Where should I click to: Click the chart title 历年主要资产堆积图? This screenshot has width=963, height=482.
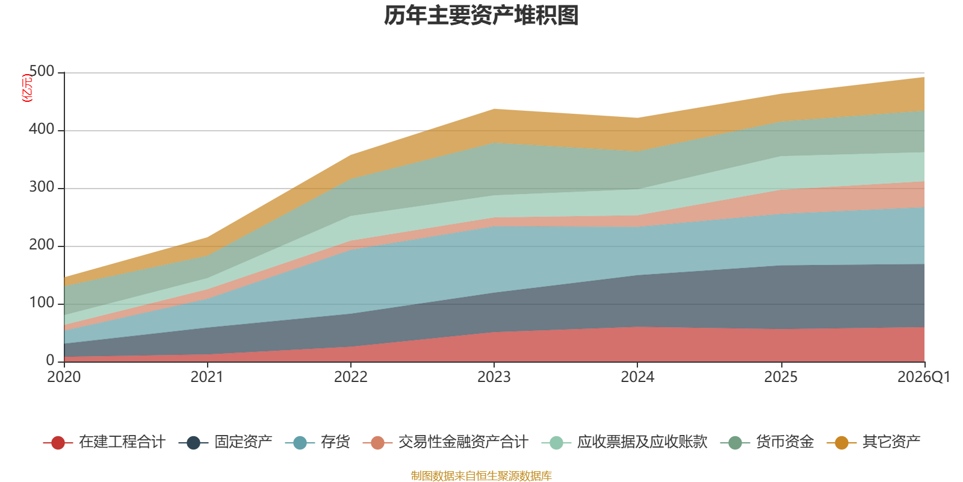coord(482,16)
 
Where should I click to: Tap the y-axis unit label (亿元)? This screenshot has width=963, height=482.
coord(27,88)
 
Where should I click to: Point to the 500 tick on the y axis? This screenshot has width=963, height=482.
coord(42,72)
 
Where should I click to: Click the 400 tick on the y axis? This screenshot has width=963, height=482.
coord(42,130)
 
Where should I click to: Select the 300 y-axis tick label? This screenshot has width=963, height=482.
coord(42,187)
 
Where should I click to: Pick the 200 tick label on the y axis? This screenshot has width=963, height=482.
coord(42,245)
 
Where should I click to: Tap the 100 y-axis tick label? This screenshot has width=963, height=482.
coord(42,303)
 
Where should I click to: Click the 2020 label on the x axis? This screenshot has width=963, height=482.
coord(64,377)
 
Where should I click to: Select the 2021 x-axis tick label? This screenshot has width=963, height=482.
coord(207,377)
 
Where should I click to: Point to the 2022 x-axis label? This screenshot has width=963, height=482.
coord(350,377)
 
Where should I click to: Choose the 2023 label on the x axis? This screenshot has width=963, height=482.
coord(494,377)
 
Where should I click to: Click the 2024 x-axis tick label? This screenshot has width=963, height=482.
coord(637,377)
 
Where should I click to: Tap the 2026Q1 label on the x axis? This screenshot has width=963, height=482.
coord(923,377)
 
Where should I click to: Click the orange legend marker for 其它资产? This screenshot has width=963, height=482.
coord(841,443)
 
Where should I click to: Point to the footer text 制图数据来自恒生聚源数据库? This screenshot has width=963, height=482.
coord(482,476)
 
